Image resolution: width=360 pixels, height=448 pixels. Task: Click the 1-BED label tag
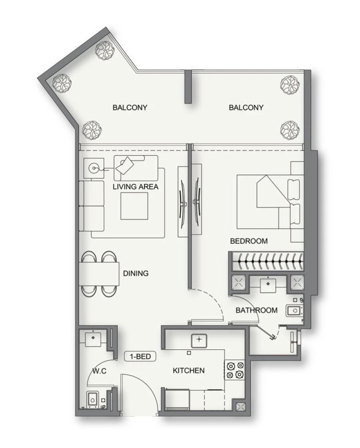point(140,356)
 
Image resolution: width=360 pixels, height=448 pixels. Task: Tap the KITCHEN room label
point(188,371)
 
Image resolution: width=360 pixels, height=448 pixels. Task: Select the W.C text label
point(99,371)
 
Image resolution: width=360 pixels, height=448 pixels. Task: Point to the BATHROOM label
point(256,310)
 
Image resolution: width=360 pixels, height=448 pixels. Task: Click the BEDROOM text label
point(249,241)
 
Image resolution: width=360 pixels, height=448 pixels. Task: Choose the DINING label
point(136,273)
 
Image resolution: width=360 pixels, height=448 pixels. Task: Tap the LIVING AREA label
point(136,187)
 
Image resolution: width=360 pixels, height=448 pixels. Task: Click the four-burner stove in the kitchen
point(234,370)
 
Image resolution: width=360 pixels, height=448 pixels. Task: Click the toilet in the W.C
point(92,399)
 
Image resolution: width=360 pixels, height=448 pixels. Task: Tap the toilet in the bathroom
point(294,311)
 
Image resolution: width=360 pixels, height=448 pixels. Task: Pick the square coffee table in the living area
point(134,206)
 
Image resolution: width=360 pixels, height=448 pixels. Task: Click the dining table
point(99,274)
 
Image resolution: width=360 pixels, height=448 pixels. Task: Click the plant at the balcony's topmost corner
point(105,50)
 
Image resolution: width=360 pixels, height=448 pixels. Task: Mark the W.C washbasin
point(93,338)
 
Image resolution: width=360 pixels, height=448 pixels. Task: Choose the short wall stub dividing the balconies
point(188,87)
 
